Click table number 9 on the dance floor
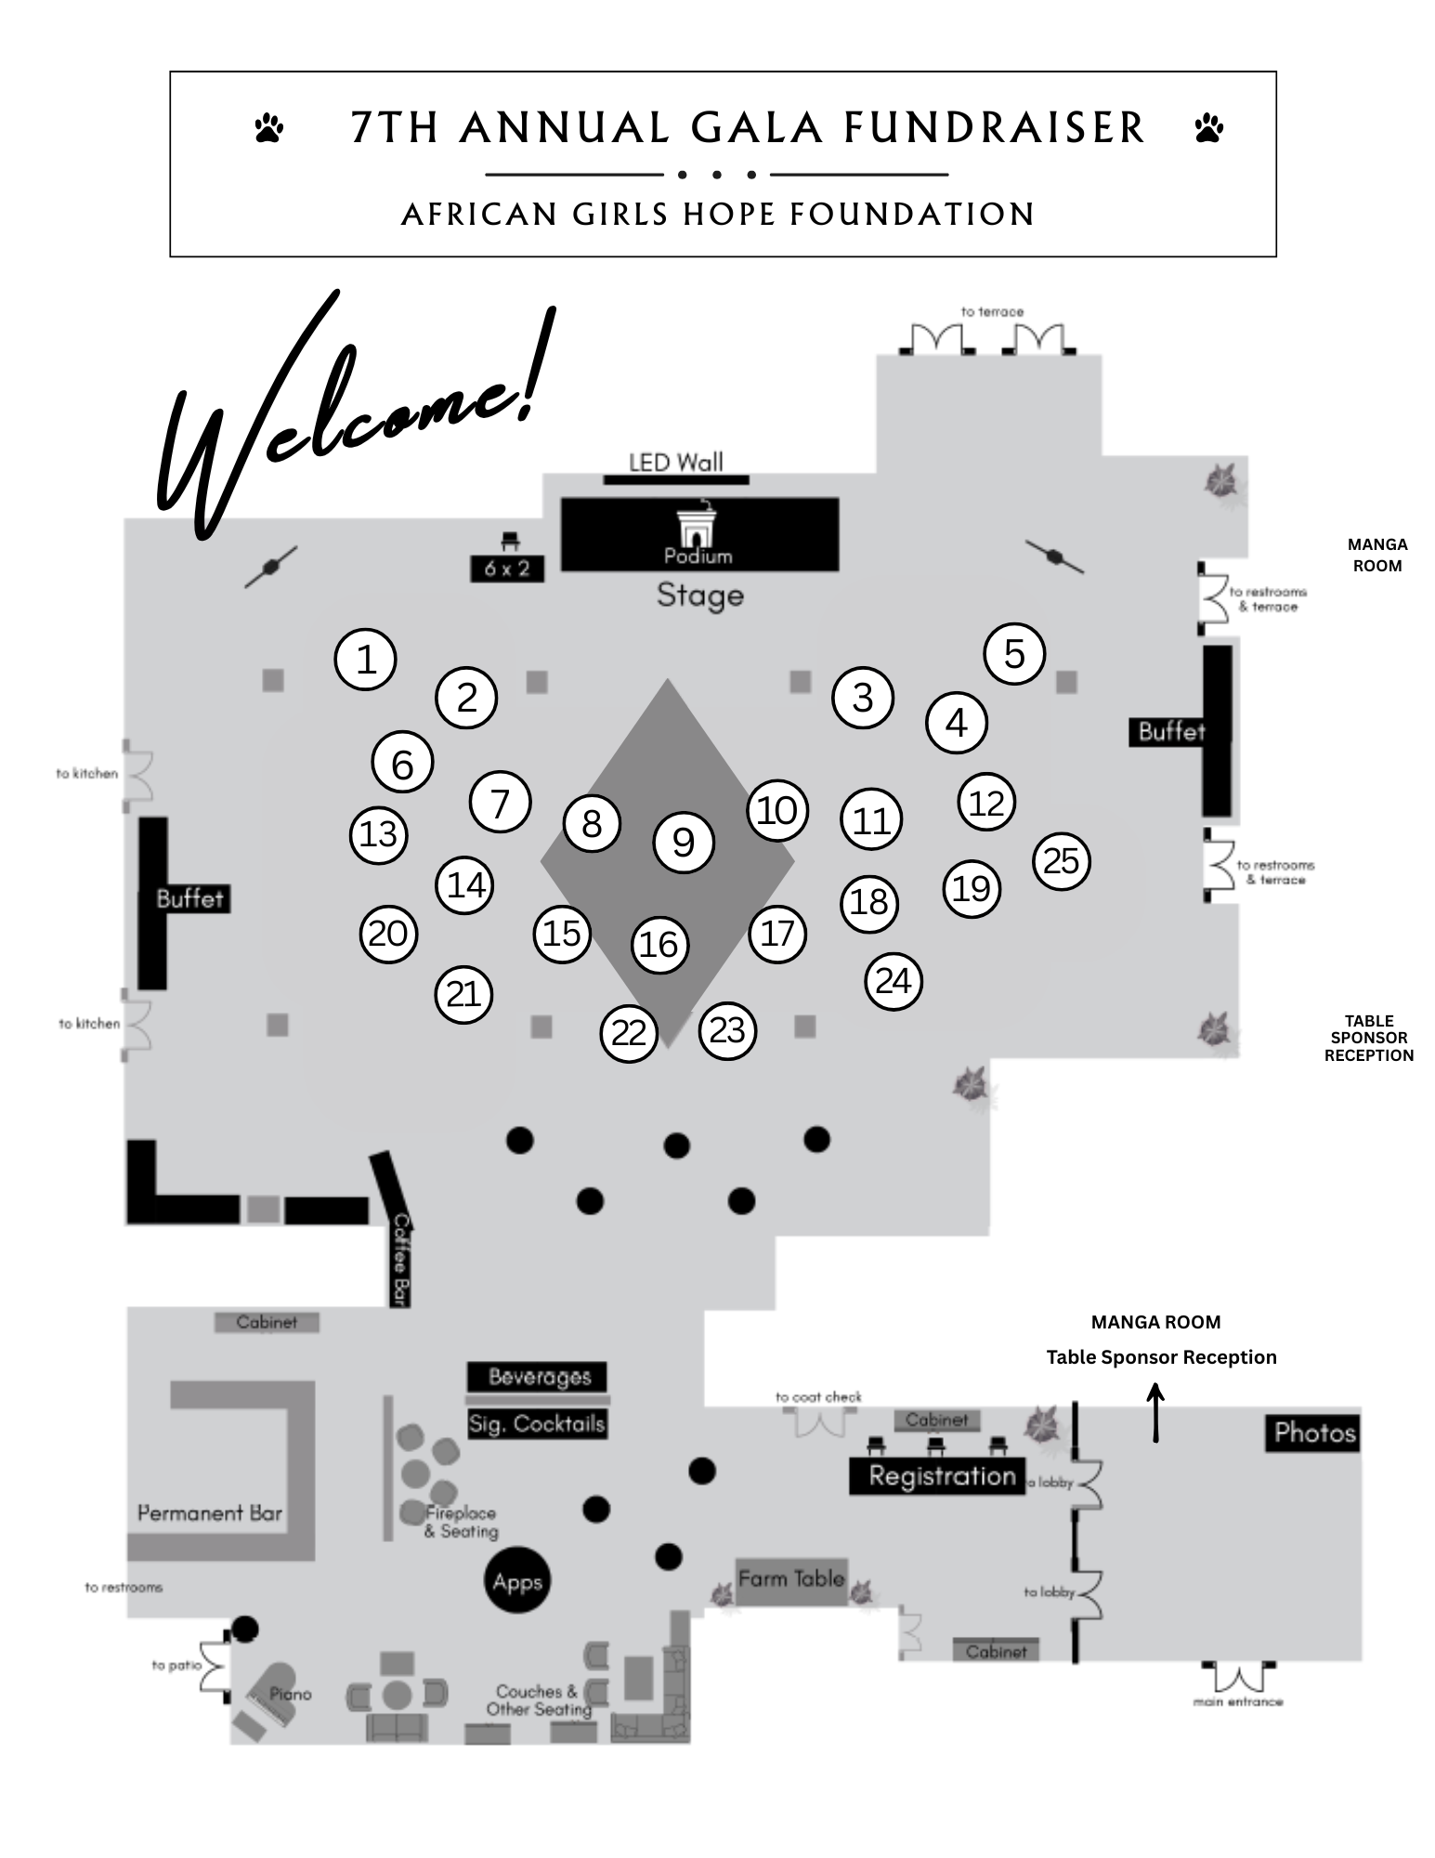click(x=684, y=843)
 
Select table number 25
click(x=1061, y=861)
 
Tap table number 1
click(x=366, y=660)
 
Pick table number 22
click(x=629, y=1033)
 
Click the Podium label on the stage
click(x=698, y=556)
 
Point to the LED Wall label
click(x=675, y=462)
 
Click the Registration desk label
click(x=942, y=1476)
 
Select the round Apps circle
click(x=517, y=1582)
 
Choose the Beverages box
click(x=539, y=1377)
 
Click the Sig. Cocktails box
click(x=537, y=1423)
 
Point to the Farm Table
click(x=791, y=1578)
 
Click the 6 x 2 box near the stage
click(x=506, y=569)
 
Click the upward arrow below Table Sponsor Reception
click(x=1156, y=1413)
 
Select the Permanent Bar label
click(x=210, y=1513)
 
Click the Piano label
click(x=290, y=1694)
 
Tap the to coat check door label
click(x=818, y=1397)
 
